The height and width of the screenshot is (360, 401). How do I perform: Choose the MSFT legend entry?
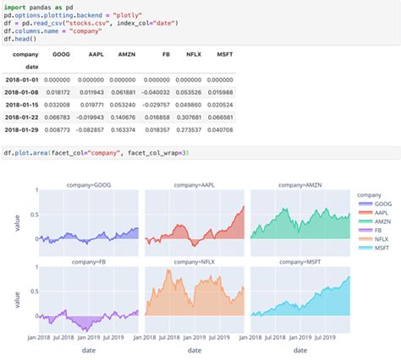pos(379,246)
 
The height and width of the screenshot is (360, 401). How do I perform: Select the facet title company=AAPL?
pos(194,184)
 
